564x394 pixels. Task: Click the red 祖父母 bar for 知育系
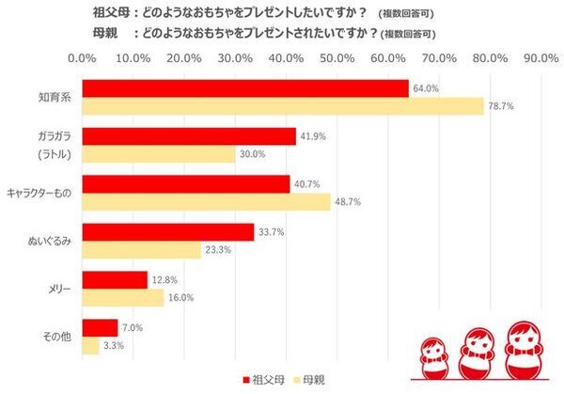[x=245, y=88]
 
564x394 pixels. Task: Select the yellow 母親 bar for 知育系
[x=283, y=106]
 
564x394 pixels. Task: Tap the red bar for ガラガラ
[x=189, y=136]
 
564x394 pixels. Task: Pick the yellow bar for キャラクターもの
[x=207, y=201]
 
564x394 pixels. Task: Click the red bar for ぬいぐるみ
[x=168, y=231]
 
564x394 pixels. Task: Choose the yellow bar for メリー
[x=123, y=297]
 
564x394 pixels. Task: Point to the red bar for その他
[x=101, y=327]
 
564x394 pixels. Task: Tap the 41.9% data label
[x=312, y=136]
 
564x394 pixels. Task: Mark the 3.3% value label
[x=114, y=346]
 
